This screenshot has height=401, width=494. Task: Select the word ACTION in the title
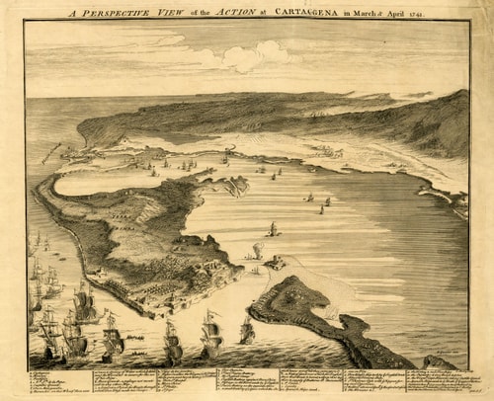235,12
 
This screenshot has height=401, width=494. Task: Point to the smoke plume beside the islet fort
257,250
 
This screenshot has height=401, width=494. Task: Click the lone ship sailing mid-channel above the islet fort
273,230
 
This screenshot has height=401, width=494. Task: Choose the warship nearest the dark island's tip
246,331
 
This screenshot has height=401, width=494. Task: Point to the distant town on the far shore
326,151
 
